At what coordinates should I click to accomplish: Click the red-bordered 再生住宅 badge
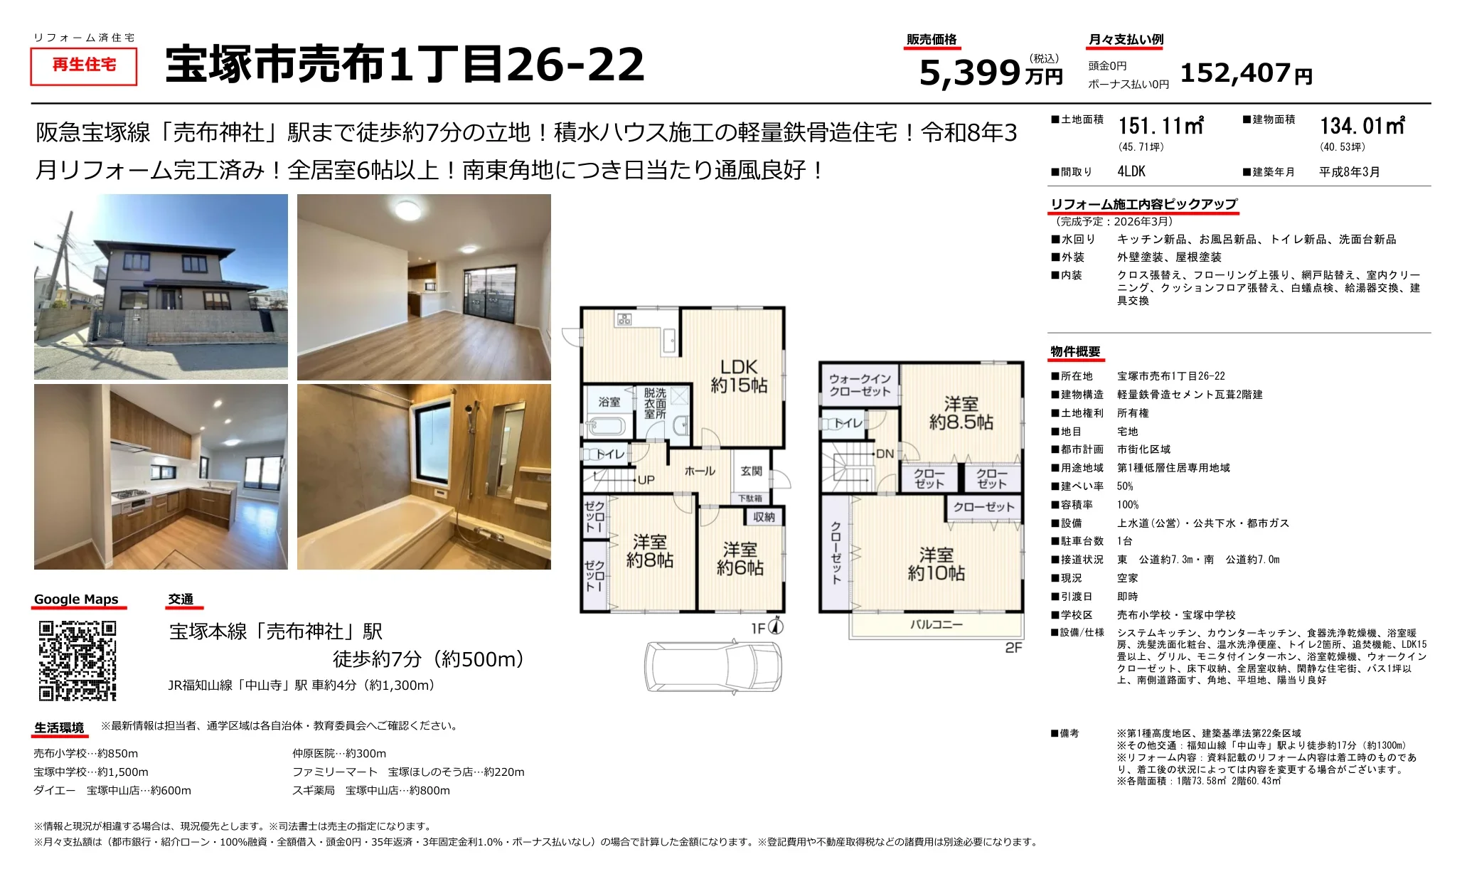(84, 65)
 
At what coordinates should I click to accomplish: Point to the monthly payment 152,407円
(1246, 73)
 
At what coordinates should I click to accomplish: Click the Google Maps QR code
(77, 661)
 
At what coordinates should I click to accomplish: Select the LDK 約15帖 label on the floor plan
(739, 376)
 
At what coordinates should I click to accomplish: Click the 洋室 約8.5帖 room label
(961, 413)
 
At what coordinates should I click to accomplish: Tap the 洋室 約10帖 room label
(936, 564)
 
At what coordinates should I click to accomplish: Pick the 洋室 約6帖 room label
(740, 558)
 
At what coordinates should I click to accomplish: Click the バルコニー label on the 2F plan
(937, 624)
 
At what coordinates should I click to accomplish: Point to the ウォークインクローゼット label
(860, 385)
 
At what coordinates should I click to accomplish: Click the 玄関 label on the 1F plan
(751, 471)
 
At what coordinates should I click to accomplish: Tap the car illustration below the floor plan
(713, 666)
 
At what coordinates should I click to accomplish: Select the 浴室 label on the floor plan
(609, 402)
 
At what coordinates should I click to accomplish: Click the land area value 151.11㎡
(1160, 126)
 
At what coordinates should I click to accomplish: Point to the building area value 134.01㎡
(1362, 126)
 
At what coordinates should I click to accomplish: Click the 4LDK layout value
(1131, 171)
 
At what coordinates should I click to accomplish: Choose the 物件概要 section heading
(1075, 351)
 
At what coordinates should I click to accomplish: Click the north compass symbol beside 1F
(777, 626)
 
